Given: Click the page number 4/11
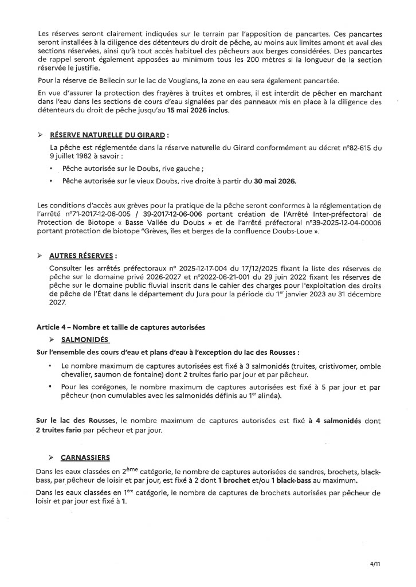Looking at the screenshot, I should [x=375, y=564].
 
